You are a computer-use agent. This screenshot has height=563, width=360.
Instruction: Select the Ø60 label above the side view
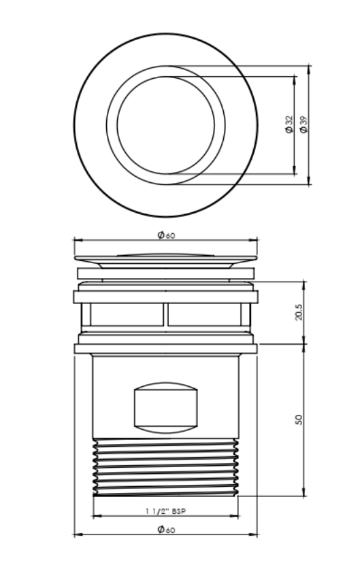pos(166,235)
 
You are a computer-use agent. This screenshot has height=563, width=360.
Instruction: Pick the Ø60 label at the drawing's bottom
pos(166,530)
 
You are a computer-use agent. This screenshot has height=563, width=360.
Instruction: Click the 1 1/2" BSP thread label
pos(166,510)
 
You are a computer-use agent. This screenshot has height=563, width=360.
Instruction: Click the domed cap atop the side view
pos(166,257)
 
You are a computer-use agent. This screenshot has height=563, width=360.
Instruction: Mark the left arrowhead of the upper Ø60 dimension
pos(76,241)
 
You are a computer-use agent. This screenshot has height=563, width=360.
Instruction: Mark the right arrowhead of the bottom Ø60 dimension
pos(256,535)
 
